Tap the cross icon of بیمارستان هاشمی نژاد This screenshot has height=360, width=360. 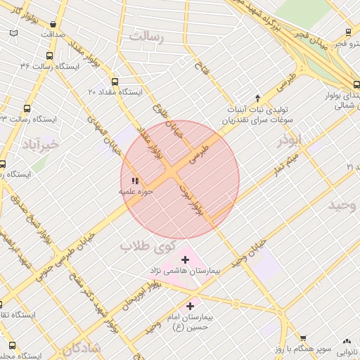(x=185, y=260)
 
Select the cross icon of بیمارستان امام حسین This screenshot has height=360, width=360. (x=190, y=306)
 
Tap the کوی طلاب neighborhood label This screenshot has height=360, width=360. (x=146, y=247)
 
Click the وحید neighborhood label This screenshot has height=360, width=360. (x=343, y=205)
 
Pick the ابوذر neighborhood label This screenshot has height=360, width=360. (x=289, y=139)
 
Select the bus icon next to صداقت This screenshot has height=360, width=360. (x=15, y=34)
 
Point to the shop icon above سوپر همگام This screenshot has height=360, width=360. (x=303, y=338)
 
